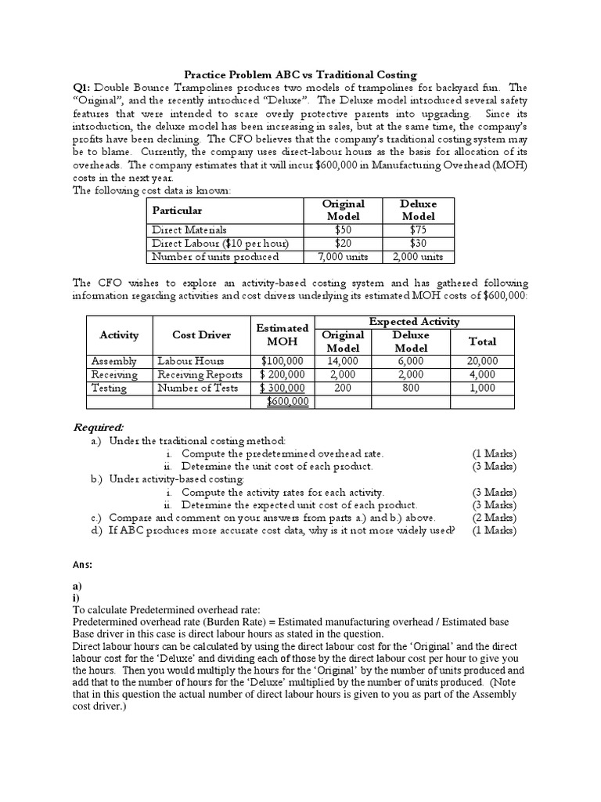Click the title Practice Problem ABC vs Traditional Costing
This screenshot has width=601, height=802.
point(300,74)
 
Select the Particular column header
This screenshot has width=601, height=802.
point(177,211)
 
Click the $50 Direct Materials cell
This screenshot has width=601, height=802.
point(343,229)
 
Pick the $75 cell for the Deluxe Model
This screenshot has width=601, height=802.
point(418,229)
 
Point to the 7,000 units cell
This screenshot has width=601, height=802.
point(343,256)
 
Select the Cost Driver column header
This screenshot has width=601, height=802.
point(201,335)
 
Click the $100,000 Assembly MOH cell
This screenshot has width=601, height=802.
point(283,361)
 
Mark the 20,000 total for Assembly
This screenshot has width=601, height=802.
point(481,361)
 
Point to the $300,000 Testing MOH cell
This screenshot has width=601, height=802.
point(283,388)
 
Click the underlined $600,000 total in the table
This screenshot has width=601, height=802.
point(287,401)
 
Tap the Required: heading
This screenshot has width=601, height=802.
point(99,427)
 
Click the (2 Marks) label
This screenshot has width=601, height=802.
point(493,518)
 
